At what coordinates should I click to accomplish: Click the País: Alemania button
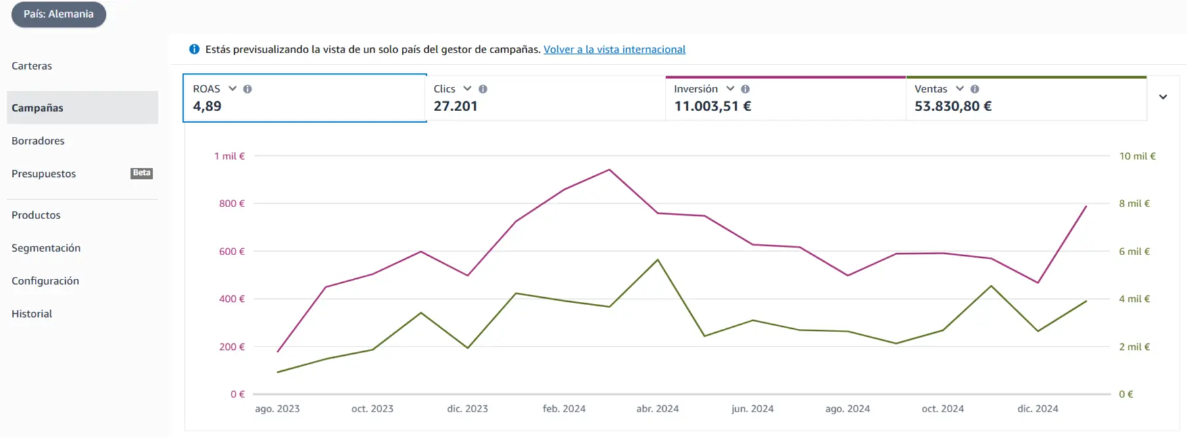(59, 14)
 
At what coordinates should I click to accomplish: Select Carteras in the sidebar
(32, 66)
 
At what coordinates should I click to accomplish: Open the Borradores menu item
(38, 141)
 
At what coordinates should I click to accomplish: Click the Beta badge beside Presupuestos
(141, 173)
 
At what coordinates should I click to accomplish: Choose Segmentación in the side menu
(46, 248)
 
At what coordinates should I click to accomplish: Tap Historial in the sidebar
(32, 314)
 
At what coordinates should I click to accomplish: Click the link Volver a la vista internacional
(614, 49)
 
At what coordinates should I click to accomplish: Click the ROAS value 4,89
(207, 106)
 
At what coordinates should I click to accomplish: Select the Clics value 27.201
(456, 106)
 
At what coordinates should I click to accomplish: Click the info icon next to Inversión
(745, 89)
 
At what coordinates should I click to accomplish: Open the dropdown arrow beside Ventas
(959, 88)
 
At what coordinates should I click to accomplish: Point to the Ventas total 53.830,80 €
(953, 106)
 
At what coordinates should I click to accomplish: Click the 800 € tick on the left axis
(231, 204)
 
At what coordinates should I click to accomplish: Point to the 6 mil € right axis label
(1134, 251)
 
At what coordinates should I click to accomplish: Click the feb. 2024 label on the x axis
(564, 408)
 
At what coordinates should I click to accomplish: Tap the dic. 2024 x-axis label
(1038, 408)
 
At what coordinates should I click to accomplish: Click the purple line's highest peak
(610, 170)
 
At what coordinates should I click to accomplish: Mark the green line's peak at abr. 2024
(658, 260)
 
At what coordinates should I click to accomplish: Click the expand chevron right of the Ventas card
(1163, 97)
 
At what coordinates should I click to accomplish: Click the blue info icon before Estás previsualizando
(194, 49)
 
